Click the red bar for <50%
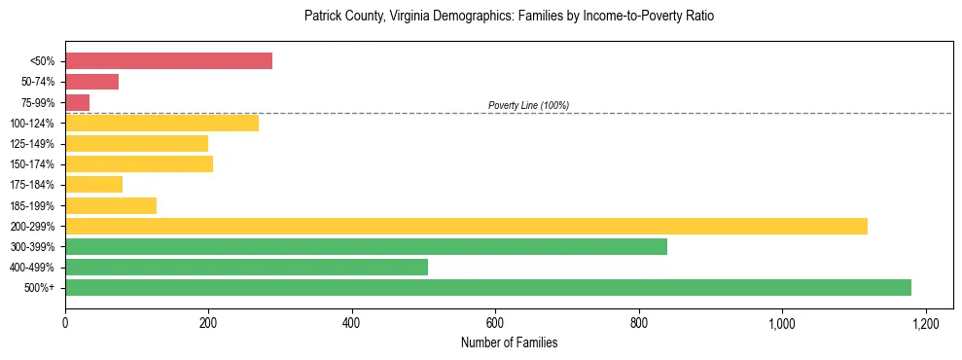[168, 61]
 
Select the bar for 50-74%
[91, 82]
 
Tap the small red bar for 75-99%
[77, 102]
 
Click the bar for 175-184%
[93, 185]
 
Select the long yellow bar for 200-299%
[466, 226]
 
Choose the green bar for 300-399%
[366, 246]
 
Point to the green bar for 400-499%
[246, 267]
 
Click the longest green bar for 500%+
[487, 287]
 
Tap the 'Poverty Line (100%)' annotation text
[528, 105]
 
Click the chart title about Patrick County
[509, 17]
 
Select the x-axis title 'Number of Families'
[509, 342]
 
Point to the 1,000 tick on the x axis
[782, 322]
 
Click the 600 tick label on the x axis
[495, 322]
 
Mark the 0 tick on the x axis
[65, 322]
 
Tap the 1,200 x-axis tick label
[925, 322]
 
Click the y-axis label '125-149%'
[32, 144]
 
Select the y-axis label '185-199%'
[32, 205]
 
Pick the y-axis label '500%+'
[39, 288]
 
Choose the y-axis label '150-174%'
[32, 164]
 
